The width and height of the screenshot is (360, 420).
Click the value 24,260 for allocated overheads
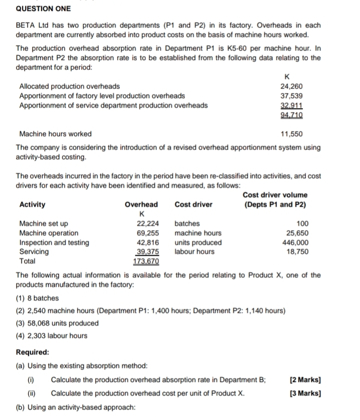[x=292, y=86]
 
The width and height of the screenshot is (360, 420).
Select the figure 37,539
[x=292, y=95]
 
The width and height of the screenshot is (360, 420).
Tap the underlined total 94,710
[x=292, y=114]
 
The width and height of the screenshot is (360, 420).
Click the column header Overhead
[x=141, y=204]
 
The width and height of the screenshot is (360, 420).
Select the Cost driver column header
[x=193, y=204]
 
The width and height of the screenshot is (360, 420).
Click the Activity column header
[x=32, y=204]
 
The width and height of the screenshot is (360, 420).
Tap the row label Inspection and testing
[x=53, y=242]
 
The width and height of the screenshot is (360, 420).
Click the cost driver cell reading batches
[x=187, y=223]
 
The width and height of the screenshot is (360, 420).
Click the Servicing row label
[x=34, y=251]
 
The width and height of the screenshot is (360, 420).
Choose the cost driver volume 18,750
[x=297, y=251]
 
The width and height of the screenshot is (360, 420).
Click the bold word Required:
[x=33, y=352]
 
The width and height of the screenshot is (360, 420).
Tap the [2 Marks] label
[x=305, y=380]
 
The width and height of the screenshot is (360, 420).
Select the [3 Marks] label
[x=305, y=393]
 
